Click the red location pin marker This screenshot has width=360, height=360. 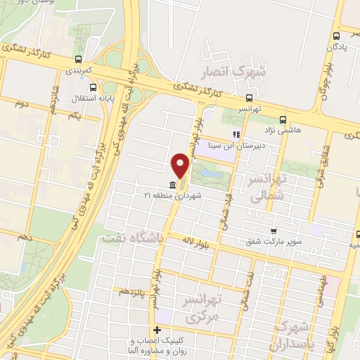point(180,166)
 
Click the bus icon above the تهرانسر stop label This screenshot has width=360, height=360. point(250,99)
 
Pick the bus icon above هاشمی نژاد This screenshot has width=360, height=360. point(283,119)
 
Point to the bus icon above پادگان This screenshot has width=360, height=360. point(335,36)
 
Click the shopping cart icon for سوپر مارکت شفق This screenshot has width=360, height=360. point(273,231)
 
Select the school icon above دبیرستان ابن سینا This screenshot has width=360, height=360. point(236,135)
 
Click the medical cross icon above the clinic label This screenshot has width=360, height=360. point(157,330)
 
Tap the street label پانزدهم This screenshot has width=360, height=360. point(131,290)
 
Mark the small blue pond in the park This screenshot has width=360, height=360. point(207,172)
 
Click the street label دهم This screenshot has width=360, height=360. point(26,238)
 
